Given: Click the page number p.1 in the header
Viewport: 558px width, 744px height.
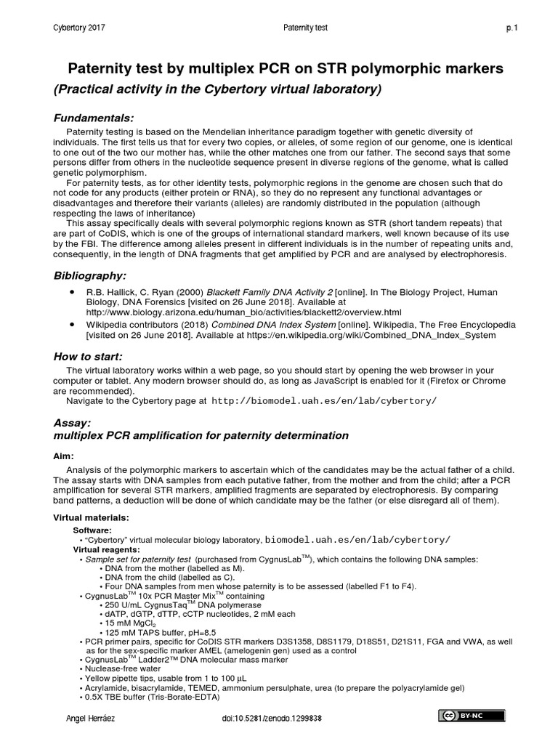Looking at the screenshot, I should tap(511, 28).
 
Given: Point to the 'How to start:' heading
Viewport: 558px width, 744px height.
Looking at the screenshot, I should tap(89, 356).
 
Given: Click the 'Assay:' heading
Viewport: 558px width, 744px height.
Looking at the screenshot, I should tap(73, 422).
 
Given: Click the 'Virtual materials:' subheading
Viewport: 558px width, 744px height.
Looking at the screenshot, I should tap(92, 517).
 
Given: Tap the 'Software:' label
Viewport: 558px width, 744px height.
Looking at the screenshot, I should tap(92, 530).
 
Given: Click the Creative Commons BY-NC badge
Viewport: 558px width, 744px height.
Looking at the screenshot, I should tap(470, 716).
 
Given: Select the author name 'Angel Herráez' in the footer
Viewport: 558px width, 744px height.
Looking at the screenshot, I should tap(90, 718).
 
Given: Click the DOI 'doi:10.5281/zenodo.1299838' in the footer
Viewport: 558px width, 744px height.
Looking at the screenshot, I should tap(272, 718).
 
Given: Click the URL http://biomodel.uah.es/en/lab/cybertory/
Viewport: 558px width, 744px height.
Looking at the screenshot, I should tap(324, 400).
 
